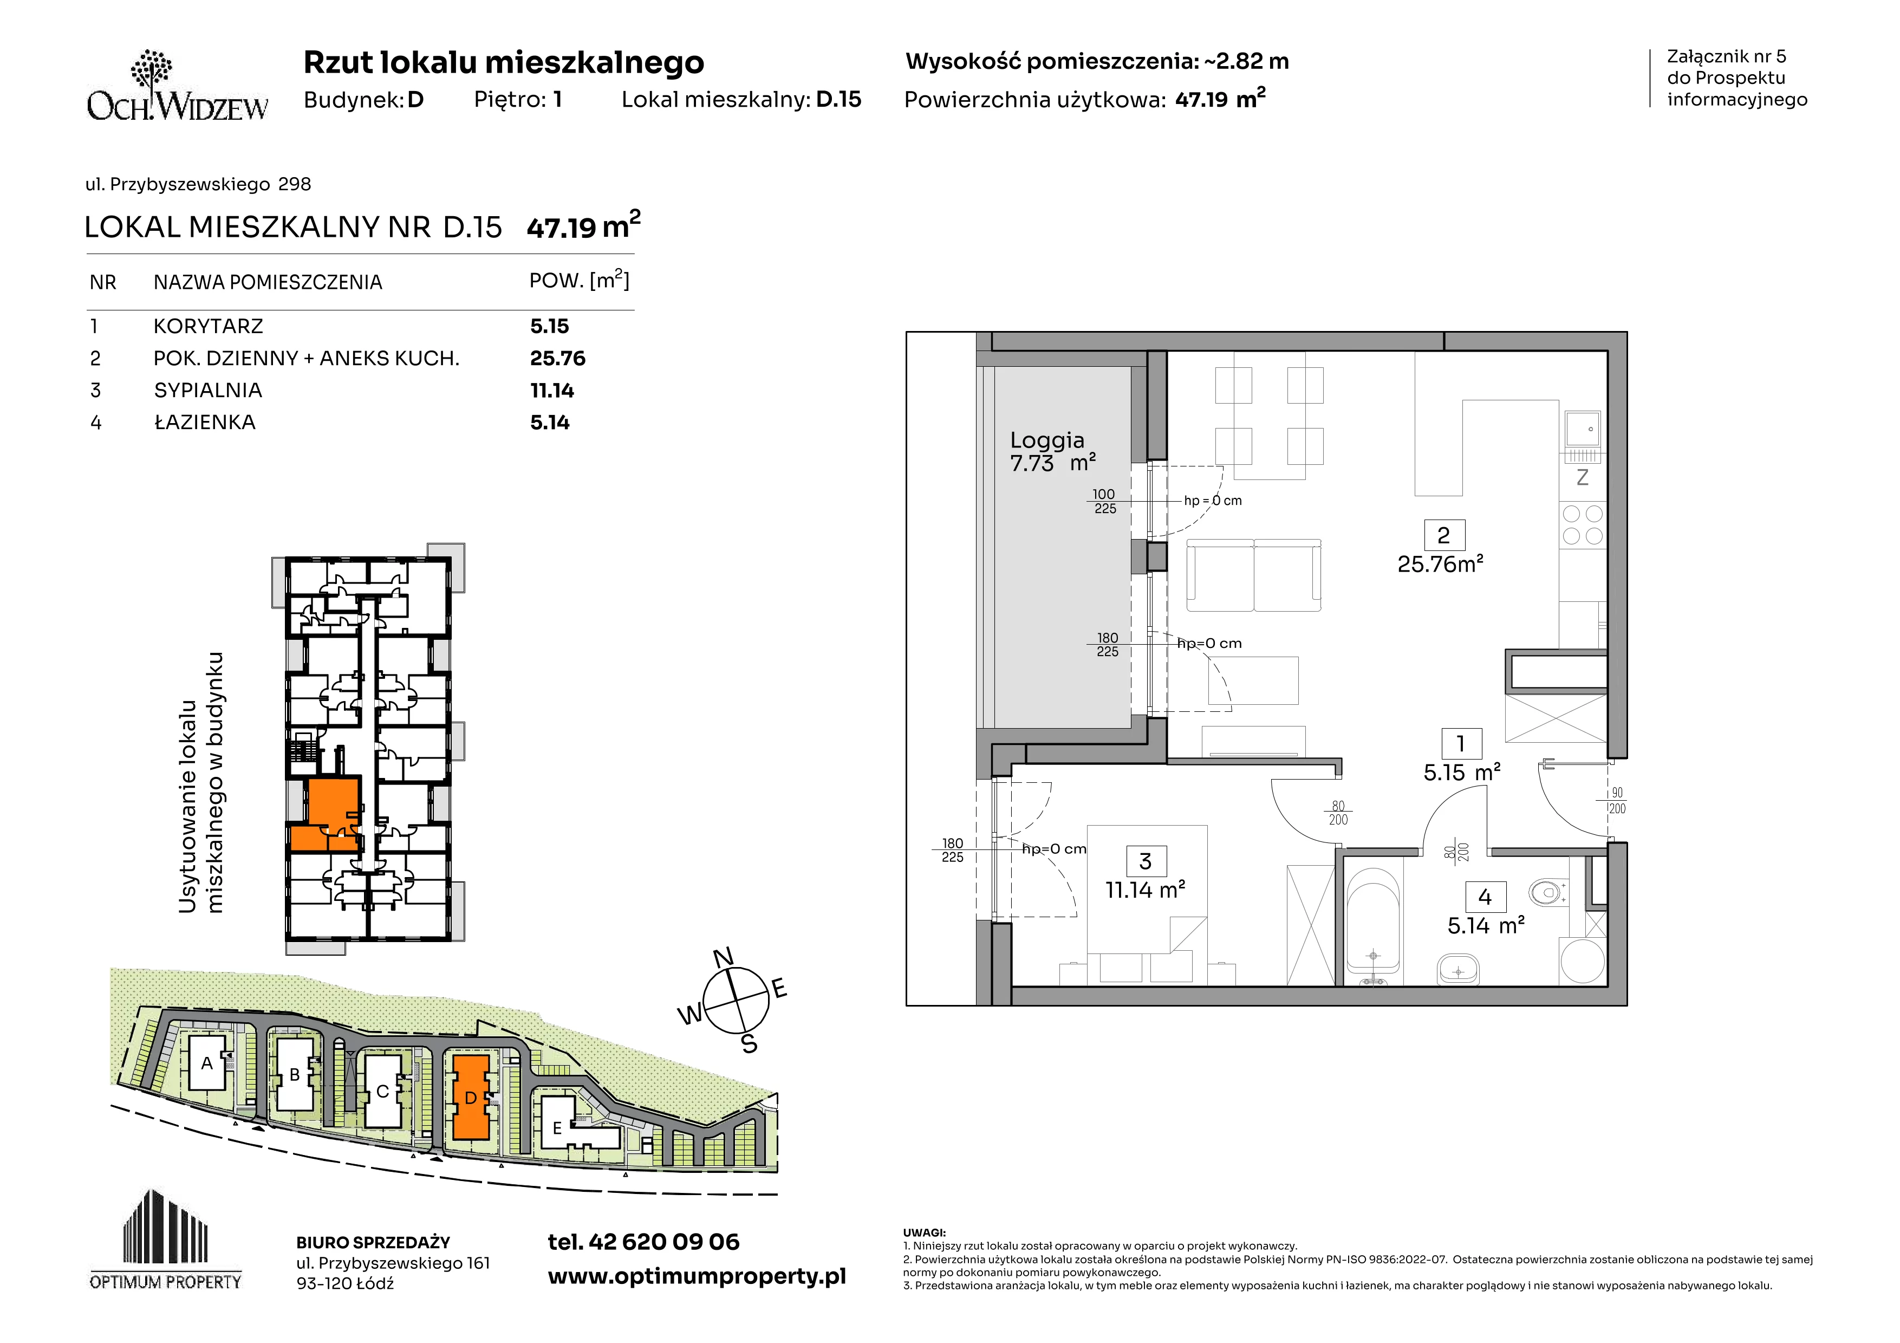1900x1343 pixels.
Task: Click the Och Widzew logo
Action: point(177,86)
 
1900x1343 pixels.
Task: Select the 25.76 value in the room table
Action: point(558,358)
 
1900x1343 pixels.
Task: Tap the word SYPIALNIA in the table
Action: point(207,391)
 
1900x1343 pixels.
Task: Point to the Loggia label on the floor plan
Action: point(1047,440)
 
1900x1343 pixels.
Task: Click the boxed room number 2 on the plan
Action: point(1444,535)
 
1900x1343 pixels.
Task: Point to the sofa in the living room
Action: point(1254,575)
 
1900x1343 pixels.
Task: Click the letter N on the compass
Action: point(723,957)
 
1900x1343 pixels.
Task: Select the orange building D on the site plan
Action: point(471,1097)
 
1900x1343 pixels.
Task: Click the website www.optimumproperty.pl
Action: point(697,1277)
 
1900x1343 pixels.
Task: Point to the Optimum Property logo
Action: point(166,1240)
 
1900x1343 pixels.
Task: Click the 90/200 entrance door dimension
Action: point(1617,801)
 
